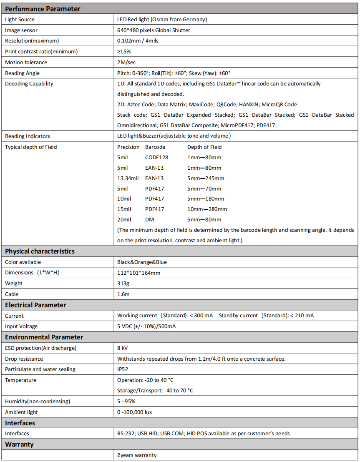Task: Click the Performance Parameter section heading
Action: (x=43, y=8)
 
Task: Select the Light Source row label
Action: (x=20, y=19)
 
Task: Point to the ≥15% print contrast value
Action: (x=124, y=51)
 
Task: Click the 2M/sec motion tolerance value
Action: (x=126, y=62)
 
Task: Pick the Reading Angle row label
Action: (x=23, y=73)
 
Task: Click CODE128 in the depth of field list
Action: (x=157, y=157)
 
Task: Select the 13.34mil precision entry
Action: (x=128, y=178)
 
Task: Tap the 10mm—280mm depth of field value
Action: (x=207, y=209)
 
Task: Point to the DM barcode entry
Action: (x=149, y=219)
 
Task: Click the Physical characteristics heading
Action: (x=40, y=251)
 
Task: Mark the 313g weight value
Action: (x=123, y=283)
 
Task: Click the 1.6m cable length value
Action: (x=123, y=294)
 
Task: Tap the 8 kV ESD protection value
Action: (x=123, y=348)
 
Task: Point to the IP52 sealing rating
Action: (x=123, y=369)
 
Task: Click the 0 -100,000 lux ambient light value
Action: (x=134, y=412)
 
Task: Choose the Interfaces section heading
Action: (x=20, y=423)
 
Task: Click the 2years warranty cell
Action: (x=137, y=455)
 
